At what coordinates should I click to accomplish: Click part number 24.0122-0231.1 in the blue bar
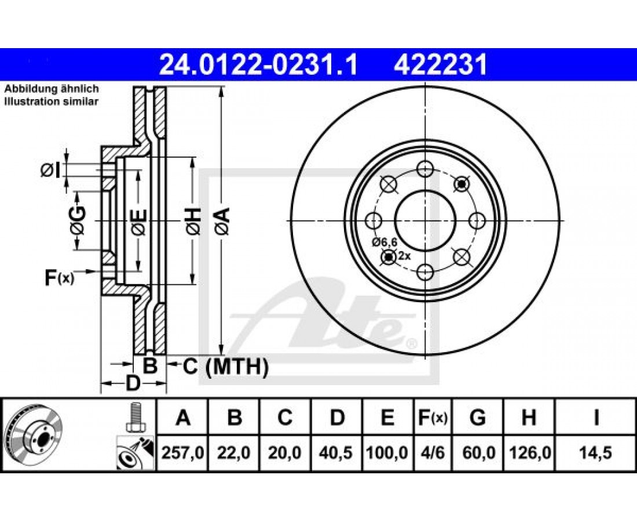point(259,64)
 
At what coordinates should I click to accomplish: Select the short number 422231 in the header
point(440,64)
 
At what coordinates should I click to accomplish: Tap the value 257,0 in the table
point(182,453)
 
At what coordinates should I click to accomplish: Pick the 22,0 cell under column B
point(233,453)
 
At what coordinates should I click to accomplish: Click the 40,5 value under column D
point(336,453)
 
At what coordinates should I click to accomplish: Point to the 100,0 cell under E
point(387,453)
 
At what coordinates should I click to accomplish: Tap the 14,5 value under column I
point(596,453)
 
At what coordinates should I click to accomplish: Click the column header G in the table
point(478,418)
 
